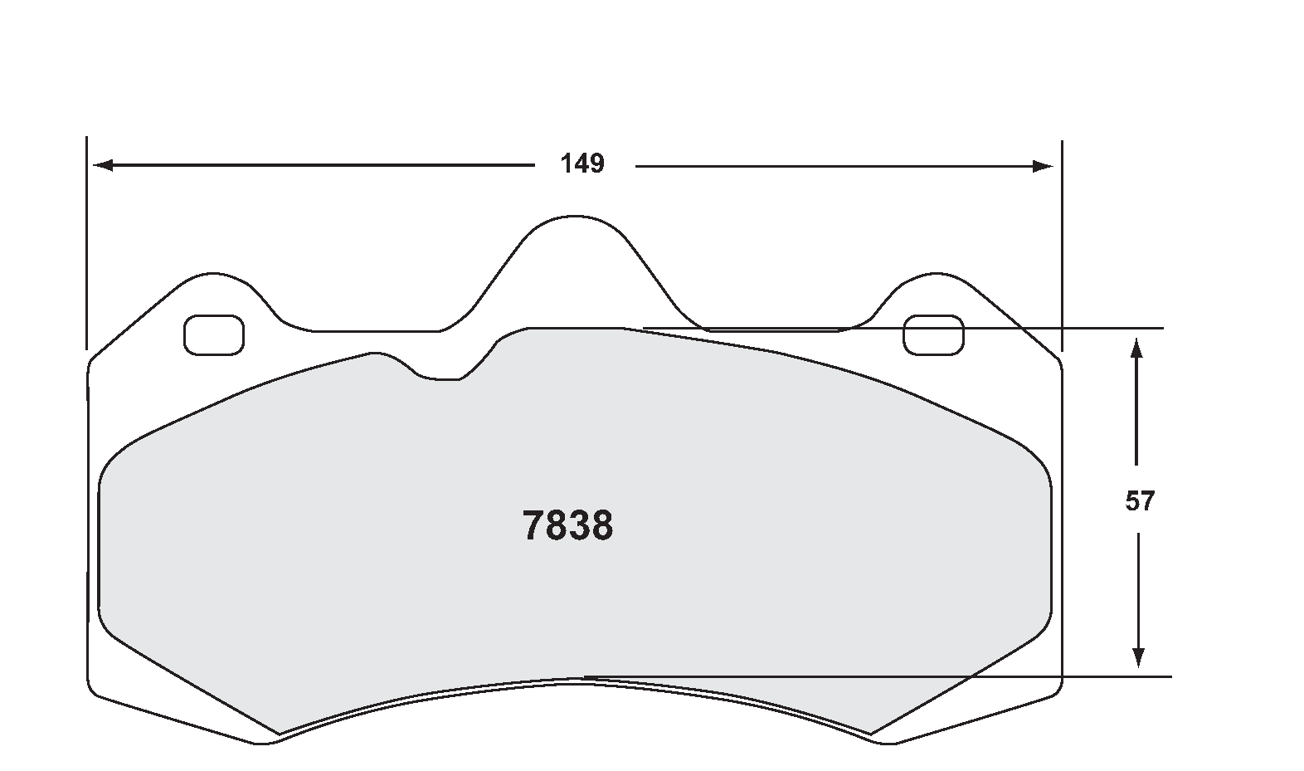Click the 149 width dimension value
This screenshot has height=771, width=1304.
582,164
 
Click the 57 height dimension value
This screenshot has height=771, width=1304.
1139,501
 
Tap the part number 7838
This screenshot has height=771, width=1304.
568,526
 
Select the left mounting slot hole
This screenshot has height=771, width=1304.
213,335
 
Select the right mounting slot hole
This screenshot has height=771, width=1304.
933,334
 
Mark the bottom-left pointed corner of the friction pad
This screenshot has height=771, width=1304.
280,734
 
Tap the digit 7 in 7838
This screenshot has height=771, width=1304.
533,526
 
